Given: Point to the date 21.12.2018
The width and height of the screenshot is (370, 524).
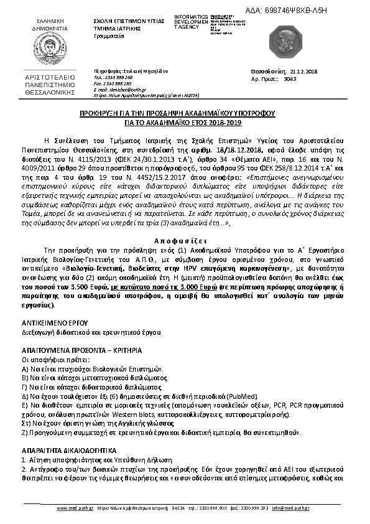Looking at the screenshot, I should (303, 72).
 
